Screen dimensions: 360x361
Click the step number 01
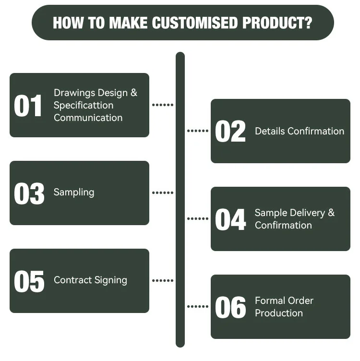coord(29,106)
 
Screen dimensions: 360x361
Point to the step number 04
coord(230,220)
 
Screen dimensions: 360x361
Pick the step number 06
coord(230,308)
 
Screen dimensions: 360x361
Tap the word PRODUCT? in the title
coord(277,23)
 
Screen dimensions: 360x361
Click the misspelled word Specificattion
coord(84,105)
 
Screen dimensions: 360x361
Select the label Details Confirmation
coord(300,131)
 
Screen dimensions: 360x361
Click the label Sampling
coord(74,192)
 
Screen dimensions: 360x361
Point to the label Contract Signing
coord(90,280)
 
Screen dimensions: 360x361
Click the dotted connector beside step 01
coord(163,105)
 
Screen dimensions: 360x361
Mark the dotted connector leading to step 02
coord(197,131)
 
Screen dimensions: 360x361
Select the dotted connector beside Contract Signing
coord(163,280)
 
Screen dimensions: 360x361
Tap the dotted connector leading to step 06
coord(197,306)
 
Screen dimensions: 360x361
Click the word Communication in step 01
coord(88,118)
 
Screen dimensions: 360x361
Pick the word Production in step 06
coord(278,313)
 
